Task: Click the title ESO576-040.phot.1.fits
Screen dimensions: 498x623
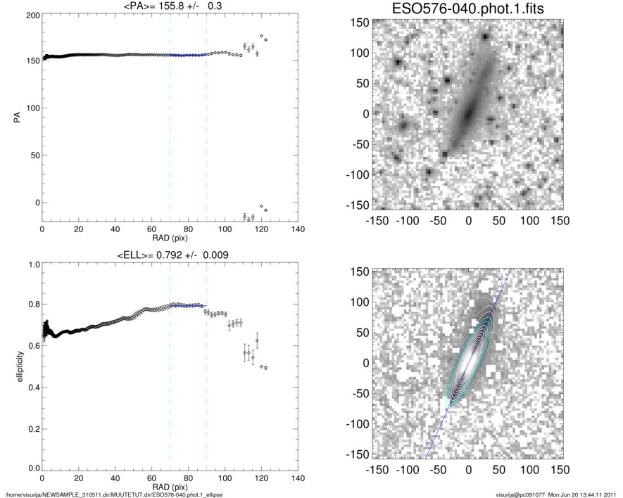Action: point(467,9)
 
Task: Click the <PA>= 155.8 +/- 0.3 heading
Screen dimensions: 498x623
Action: point(170,6)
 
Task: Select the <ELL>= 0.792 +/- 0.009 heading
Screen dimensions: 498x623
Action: point(170,255)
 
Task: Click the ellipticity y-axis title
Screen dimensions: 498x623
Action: point(15,367)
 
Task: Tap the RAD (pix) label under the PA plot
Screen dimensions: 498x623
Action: point(170,237)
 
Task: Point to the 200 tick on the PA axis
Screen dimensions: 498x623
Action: point(31,15)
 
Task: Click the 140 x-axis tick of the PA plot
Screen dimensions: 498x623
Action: point(298,229)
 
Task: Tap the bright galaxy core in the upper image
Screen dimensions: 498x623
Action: point(467,113)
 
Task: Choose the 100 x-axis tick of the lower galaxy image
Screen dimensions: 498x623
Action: point(530,468)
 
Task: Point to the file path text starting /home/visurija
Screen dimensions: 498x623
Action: point(106,494)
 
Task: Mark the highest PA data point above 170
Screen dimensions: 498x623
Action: point(262,36)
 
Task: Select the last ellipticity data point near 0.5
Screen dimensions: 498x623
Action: point(265,368)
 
